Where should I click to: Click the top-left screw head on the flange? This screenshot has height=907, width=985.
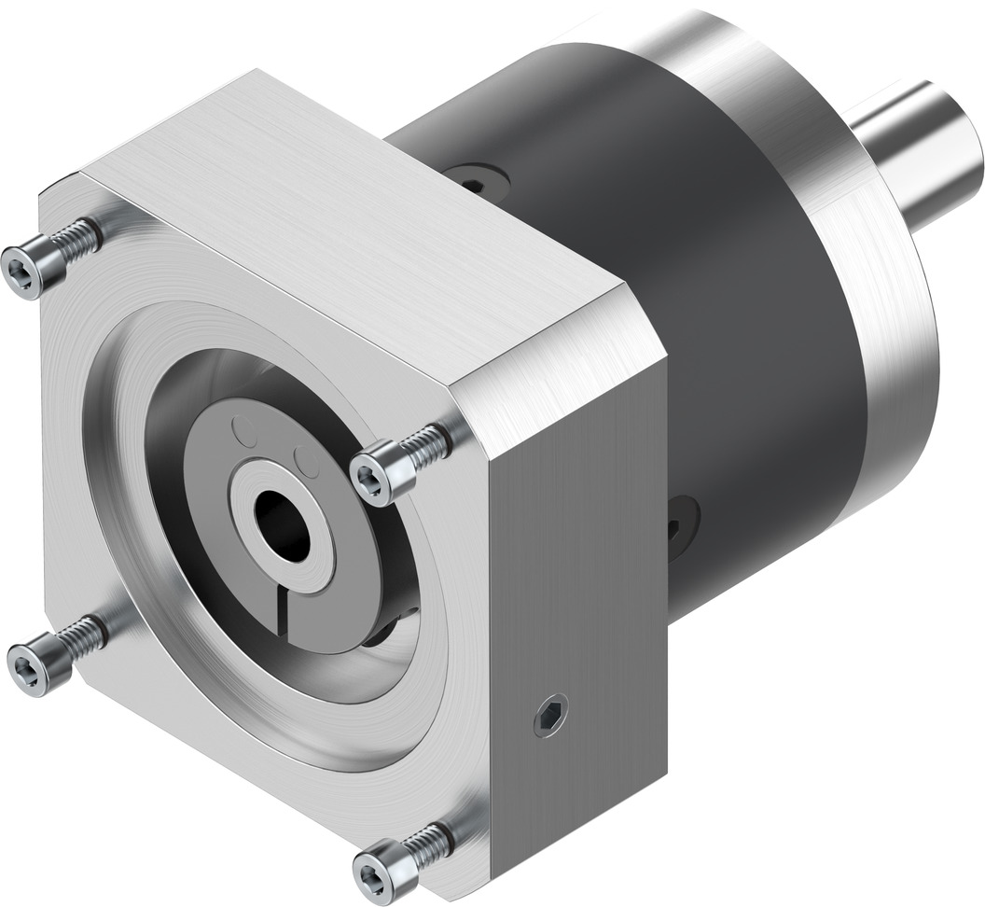[22, 272]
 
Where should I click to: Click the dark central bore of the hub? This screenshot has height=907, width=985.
[281, 524]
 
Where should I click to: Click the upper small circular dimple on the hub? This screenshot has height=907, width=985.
[244, 433]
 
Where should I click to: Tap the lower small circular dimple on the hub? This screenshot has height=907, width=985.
[306, 460]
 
